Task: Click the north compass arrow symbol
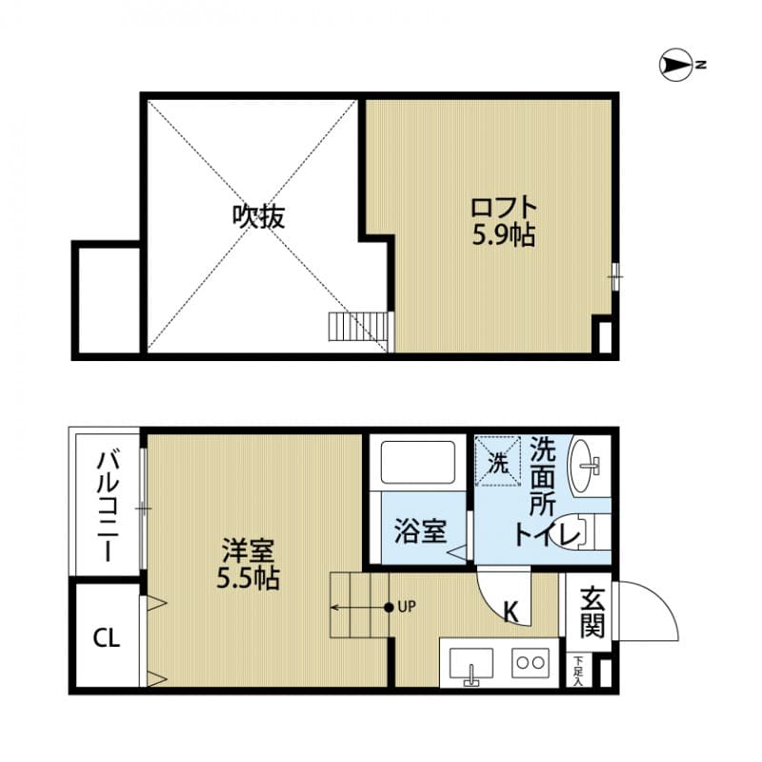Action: (675, 65)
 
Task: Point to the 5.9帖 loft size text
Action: (503, 235)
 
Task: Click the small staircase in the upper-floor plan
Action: (359, 327)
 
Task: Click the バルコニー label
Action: (106, 506)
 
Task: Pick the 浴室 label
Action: (420, 531)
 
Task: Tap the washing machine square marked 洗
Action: (498, 462)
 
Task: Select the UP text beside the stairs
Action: (408, 607)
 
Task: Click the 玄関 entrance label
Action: (592, 612)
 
